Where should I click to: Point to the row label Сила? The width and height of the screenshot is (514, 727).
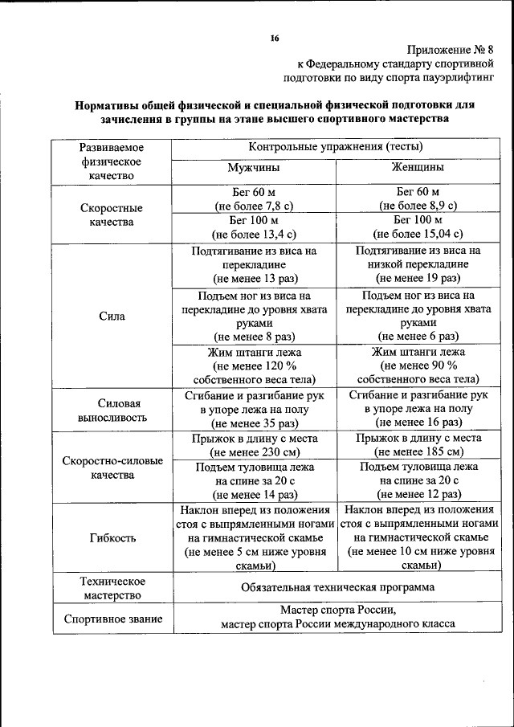coord(112,317)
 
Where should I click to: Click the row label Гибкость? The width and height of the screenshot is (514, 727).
coord(112,538)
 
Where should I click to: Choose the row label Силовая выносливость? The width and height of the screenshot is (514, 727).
coord(112,410)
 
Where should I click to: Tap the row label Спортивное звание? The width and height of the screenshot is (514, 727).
coord(112,619)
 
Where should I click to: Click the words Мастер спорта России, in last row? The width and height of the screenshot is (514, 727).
coord(337,611)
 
